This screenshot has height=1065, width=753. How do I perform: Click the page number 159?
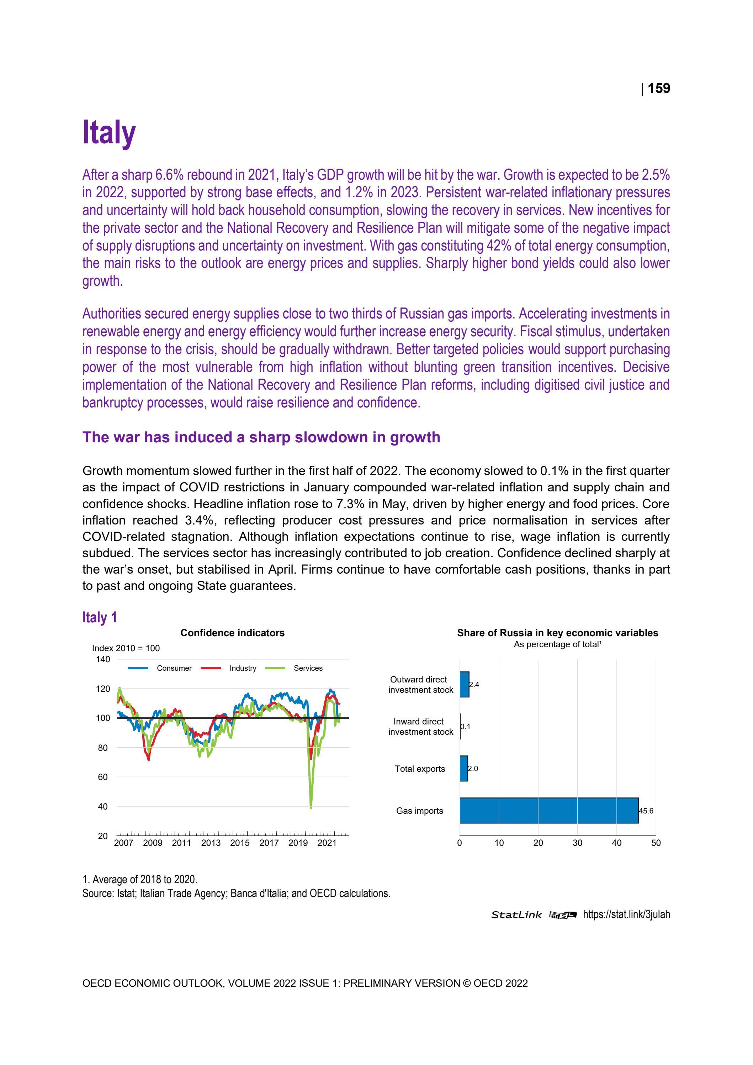658,88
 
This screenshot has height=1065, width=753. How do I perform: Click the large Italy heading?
109,133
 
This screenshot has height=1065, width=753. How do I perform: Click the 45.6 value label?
646,811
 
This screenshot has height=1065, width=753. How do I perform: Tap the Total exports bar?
464,769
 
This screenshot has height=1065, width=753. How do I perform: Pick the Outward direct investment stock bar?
464,684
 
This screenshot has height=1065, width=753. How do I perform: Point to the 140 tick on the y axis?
104,659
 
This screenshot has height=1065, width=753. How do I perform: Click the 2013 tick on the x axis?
211,843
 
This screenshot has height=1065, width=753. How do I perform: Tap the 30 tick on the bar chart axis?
577,843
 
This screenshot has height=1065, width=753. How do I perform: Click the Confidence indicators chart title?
232,633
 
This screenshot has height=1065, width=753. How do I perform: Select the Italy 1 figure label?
100,617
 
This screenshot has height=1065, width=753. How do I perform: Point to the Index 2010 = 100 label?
126,648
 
